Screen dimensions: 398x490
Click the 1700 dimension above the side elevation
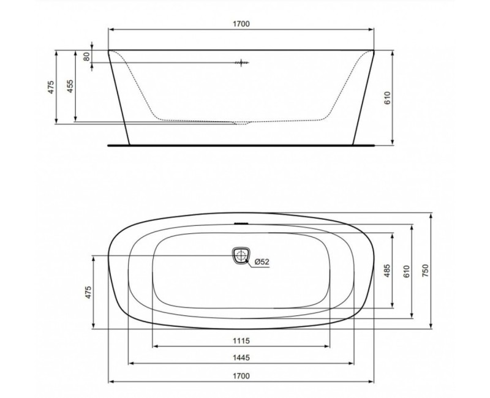pos(241,24)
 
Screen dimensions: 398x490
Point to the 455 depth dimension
pos(70,86)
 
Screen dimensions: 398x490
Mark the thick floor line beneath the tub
pos(241,146)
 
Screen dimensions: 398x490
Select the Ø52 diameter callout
pos(262,261)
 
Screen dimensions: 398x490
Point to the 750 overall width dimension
pos(424,269)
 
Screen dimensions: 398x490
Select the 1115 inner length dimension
pos(241,340)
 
